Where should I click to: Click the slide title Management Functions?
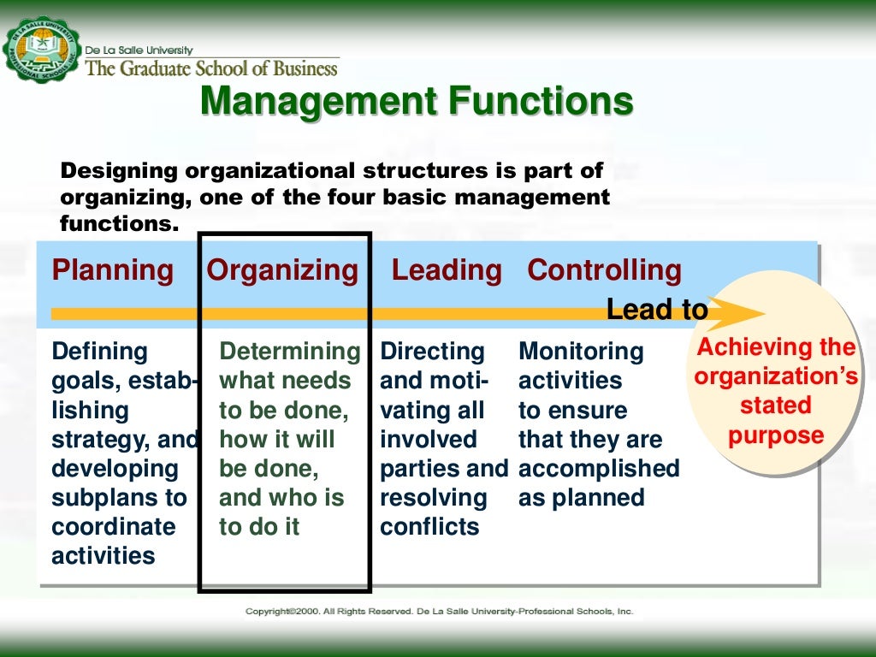point(417,103)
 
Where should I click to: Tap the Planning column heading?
point(112,270)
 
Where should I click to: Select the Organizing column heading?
point(282,270)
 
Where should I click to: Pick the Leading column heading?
point(447,270)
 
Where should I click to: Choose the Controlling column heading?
point(604,270)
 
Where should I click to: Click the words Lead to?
point(656,310)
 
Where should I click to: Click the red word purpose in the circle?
point(776,435)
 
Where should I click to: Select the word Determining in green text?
point(290,352)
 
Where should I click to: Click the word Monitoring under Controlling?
point(581,352)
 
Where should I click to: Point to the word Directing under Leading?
point(432,352)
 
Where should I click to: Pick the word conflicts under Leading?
point(429,527)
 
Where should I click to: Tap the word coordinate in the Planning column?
point(113,527)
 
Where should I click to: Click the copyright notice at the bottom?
point(439,612)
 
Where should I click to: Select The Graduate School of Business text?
point(212,67)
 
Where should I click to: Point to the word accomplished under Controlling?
point(599,469)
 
